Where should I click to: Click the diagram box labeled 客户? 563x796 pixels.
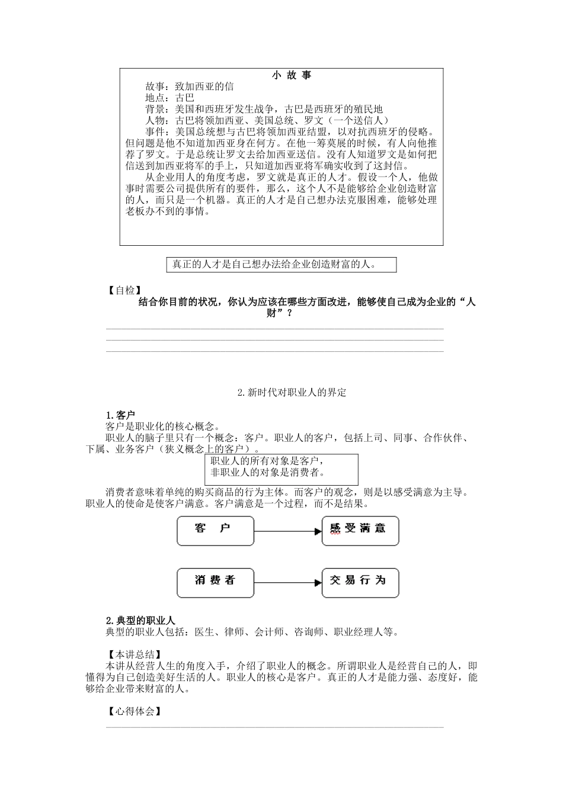[215, 531]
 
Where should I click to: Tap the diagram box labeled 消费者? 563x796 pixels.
[215, 583]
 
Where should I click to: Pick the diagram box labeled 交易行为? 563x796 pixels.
[360, 583]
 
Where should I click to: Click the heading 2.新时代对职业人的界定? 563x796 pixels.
[291, 392]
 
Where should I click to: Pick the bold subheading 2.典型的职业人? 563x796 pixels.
[140, 620]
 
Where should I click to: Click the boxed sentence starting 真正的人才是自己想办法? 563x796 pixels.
[274, 265]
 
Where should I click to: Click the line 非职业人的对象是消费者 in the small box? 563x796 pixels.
[268, 472]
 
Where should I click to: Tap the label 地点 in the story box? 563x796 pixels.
[155, 98]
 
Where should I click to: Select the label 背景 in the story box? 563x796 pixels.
[155, 109]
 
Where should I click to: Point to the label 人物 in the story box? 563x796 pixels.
[155, 120]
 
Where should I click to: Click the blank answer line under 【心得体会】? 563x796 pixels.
[274, 727]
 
